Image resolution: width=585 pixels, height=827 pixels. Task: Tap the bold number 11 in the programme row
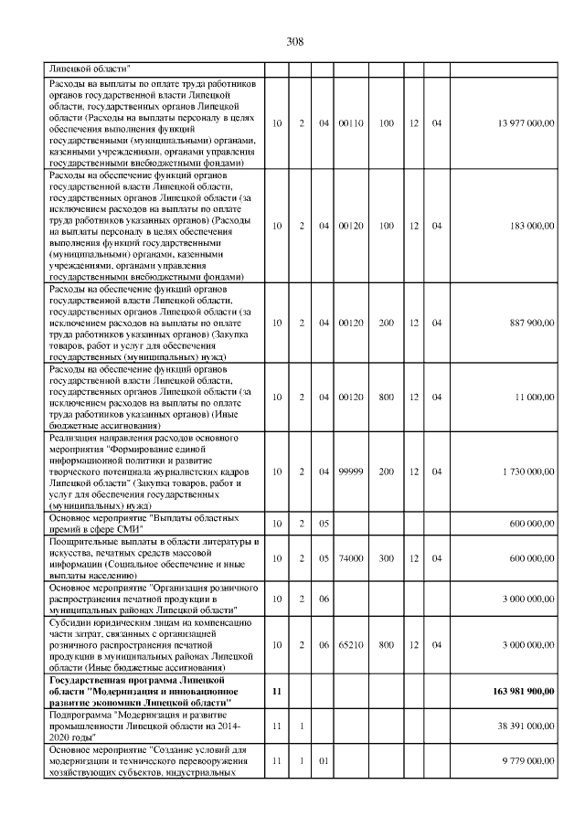(x=276, y=691)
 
